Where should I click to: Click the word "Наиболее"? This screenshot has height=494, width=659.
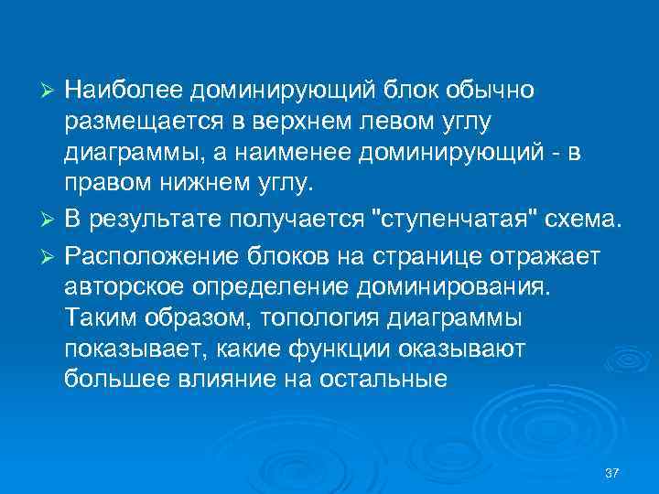[124, 91]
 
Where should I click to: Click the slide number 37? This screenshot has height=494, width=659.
[612, 473]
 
